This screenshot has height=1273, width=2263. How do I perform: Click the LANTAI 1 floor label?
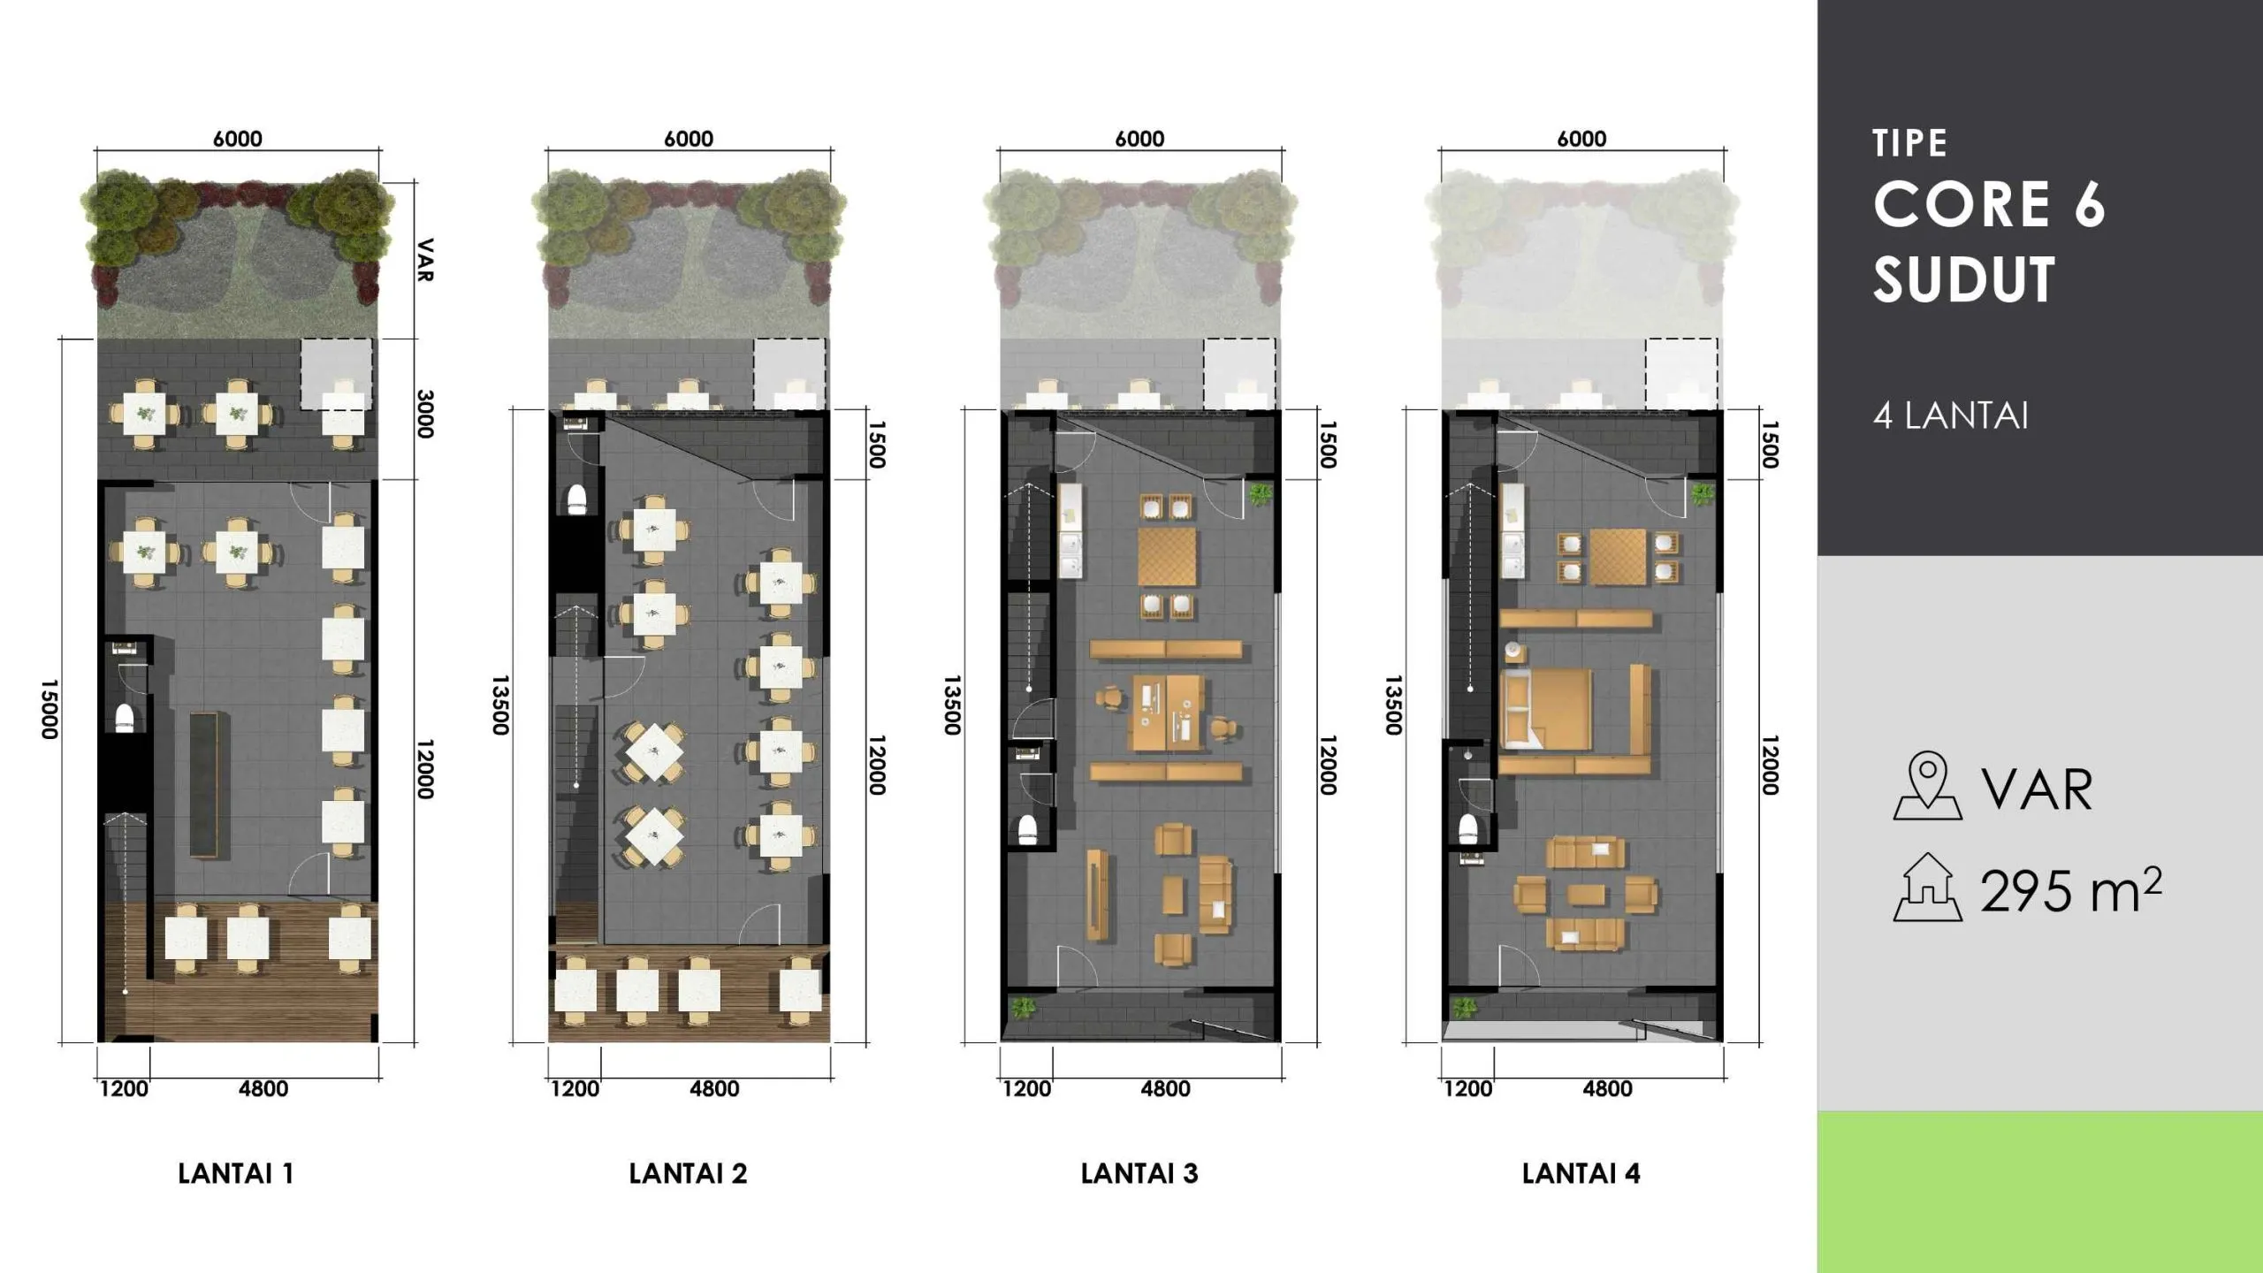click(235, 1174)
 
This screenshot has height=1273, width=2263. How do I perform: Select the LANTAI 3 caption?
click(1139, 1174)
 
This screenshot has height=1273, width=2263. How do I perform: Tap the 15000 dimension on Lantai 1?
click(50, 709)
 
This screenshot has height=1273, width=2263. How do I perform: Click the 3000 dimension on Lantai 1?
click(425, 414)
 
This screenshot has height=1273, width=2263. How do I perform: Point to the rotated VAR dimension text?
click(425, 260)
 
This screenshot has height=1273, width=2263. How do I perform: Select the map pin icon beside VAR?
click(1927, 786)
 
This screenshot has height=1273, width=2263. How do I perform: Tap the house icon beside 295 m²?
click(1927, 888)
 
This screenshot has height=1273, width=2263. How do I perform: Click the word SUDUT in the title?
click(1963, 280)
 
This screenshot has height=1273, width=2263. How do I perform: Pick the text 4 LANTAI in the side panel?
click(1950, 416)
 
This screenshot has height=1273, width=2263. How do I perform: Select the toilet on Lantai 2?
click(576, 499)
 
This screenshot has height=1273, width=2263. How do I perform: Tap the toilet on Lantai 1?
click(125, 718)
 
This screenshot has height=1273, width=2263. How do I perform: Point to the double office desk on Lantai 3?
click(1167, 713)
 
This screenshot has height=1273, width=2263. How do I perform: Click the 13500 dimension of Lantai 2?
click(500, 705)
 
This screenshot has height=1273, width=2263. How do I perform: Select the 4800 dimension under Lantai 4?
click(1607, 1089)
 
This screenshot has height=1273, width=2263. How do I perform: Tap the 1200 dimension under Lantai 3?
click(1026, 1089)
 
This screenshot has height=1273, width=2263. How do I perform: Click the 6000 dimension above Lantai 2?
click(689, 139)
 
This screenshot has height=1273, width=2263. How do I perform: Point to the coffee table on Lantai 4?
click(1586, 895)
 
